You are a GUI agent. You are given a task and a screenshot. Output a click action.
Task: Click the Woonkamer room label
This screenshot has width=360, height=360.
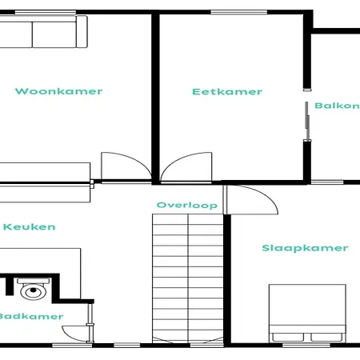pyautogui.click(x=58, y=91)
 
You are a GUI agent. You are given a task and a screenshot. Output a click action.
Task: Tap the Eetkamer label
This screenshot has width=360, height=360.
pyautogui.click(x=227, y=92)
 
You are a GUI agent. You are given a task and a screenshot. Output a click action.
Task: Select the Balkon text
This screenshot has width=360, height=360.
pyautogui.click(x=338, y=106)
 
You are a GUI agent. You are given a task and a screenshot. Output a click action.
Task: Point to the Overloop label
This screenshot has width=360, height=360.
pyautogui.click(x=187, y=205)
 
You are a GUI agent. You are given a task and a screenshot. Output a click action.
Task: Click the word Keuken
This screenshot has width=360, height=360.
pyautogui.click(x=30, y=227)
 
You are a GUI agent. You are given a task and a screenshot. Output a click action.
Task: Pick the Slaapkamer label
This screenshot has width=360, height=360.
pyautogui.click(x=305, y=248)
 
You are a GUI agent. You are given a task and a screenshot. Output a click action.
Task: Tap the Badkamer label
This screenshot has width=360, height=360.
pyautogui.click(x=31, y=317)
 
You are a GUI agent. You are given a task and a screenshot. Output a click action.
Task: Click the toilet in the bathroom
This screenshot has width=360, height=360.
pyautogui.click(x=34, y=289)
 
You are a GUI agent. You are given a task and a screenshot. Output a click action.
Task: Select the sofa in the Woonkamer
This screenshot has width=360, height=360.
pyautogui.click(x=43, y=32)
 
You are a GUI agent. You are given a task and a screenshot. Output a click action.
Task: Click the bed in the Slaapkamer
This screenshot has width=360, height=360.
pyautogui.click(x=307, y=314)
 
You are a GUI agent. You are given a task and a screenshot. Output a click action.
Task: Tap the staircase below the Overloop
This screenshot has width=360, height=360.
pyautogui.click(x=188, y=278)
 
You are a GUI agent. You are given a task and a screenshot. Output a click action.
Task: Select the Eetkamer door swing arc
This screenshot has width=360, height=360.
pyautogui.click(x=182, y=158)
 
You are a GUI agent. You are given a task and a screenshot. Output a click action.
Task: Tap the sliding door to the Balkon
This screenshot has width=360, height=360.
pyautogui.click(x=307, y=121)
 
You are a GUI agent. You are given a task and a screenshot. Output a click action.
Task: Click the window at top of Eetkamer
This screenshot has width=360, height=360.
pyautogui.click(x=239, y=12)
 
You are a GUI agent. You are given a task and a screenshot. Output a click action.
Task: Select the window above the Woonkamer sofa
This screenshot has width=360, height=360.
pyautogui.click(x=46, y=12)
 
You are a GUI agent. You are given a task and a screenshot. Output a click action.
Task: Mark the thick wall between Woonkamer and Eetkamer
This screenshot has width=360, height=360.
pyautogui.click(x=155, y=98)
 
